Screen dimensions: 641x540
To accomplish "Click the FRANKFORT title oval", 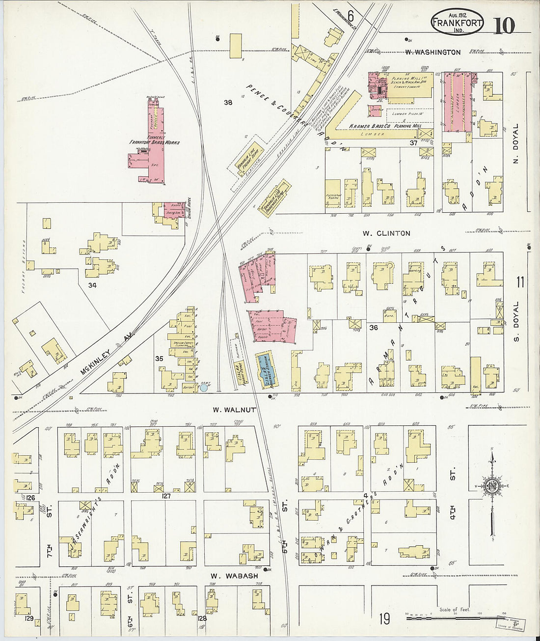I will (x=457, y=22).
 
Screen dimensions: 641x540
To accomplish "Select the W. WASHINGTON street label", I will (x=433, y=52).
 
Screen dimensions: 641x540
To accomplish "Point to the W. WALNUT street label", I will (x=234, y=409).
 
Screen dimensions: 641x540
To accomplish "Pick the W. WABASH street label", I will (x=234, y=576).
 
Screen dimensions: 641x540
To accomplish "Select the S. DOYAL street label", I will (x=515, y=322).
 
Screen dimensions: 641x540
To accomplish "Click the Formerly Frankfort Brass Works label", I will (x=155, y=139).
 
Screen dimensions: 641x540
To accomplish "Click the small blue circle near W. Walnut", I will (x=204, y=388).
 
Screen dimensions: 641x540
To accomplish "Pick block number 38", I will (x=228, y=103).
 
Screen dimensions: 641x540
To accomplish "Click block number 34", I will (x=92, y=285).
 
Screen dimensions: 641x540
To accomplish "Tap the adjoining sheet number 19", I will (x=384, y=619).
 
